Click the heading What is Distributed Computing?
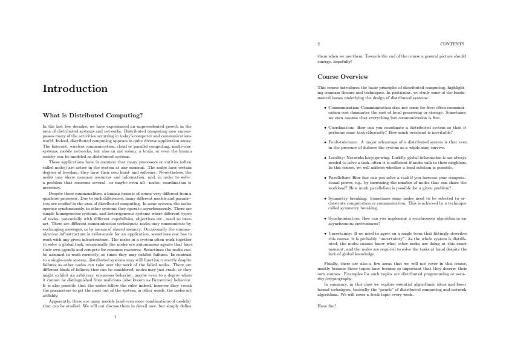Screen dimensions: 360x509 point(92,115)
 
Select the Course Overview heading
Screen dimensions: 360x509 point(343,77)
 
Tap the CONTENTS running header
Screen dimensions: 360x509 point(453,44)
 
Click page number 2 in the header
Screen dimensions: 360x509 point(319,44)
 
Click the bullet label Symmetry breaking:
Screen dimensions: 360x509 point(346,198)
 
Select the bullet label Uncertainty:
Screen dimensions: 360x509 point(340,232)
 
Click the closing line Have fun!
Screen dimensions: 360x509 point(326,307)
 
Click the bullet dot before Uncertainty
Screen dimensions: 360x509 point(325,232)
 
